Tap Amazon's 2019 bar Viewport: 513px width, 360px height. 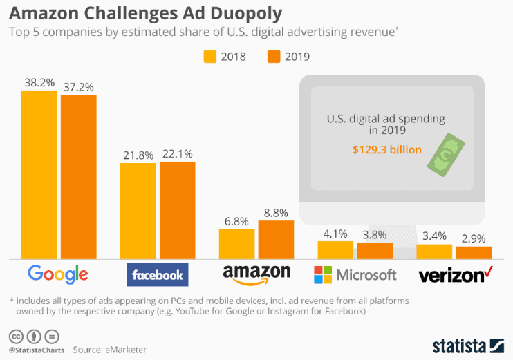(276, 239)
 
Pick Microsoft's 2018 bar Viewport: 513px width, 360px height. (335, 249)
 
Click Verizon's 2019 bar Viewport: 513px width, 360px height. (474, 252)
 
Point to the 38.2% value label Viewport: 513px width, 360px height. (39, 82)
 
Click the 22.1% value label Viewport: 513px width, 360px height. (178, 153)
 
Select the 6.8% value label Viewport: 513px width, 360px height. (237, 221)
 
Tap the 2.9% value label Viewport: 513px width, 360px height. (474, 238)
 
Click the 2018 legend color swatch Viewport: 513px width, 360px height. (210, 56)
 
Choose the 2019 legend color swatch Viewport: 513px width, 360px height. (274, 56)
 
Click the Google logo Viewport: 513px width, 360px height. (58, 274)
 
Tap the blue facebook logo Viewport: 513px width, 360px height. (158, 275)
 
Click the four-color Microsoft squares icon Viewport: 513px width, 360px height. (322, 274)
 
